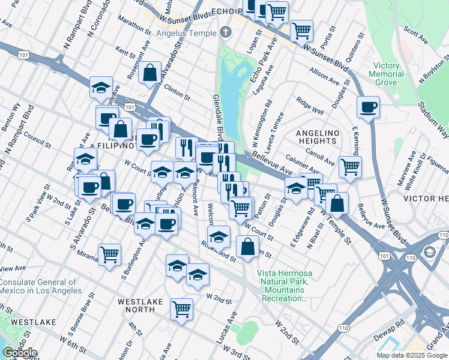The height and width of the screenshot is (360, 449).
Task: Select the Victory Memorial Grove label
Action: pyautogui.click(x=386, y=73)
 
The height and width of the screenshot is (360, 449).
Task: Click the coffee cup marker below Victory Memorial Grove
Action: pyautogui.click(x=367, y=108)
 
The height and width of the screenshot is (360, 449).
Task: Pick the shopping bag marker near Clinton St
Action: pyautogui.click(x=149, y=73)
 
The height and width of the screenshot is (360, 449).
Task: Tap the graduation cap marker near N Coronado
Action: pyautogui.click(x=101, y=88)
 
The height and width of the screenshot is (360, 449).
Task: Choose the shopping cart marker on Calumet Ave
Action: pyautogui.click(x=350, y=167)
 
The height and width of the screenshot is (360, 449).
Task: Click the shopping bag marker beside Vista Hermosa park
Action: pyautogui.click(x=248, y=246)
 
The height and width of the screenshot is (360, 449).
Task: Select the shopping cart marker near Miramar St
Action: pyautogui.click(x=109, y=255)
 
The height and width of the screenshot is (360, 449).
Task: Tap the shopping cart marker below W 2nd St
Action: pyautogui.click(x=181, y=309)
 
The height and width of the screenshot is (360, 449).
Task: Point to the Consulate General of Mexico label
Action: pyautogui.click(x=41, y=286)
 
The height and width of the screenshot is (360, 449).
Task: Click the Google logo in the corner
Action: pyautogui.click(x=19, y=352)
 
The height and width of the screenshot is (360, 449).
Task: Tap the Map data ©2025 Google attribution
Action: pyautogui.click(x=411, y=355)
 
